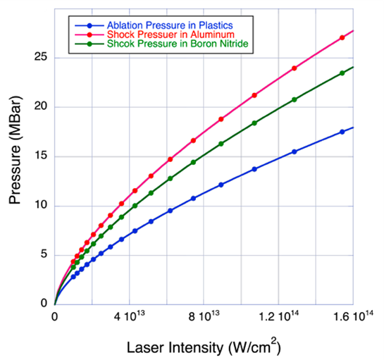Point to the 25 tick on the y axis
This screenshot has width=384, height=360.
point(43,58)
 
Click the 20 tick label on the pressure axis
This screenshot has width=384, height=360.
point(43,107)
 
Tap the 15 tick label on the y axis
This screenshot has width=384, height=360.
point(43,156)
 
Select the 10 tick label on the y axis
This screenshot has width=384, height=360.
point(43,206)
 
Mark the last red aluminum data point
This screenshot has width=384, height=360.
point(342,37)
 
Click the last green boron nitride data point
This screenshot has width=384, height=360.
point(342,73)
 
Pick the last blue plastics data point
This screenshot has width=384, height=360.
point(342,132)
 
